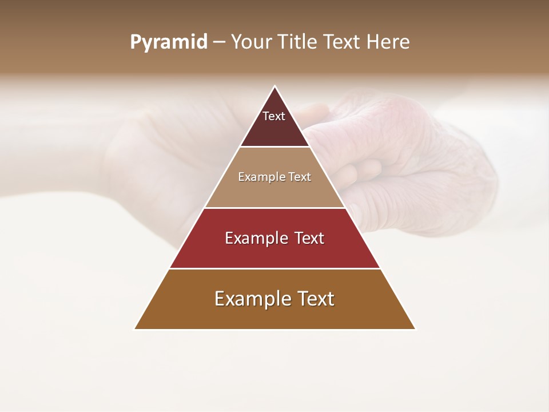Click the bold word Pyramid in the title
point(169,42)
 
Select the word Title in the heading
point(298,42)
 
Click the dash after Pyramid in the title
point(219,42)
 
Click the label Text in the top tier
point(274,116)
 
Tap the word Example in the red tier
point(255,238)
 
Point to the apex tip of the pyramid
point(275,86)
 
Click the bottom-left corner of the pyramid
point(135,329)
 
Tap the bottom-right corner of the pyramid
point(415,329)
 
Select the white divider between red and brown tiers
point(275,268)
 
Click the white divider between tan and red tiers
point(275,208)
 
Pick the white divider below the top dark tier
point(275,147)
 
